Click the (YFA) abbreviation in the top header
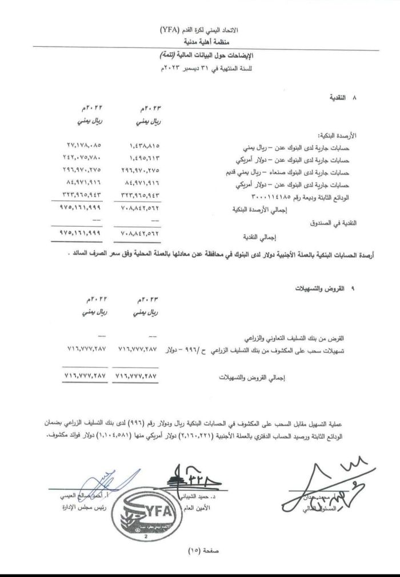[170, 30]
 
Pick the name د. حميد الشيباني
[183, 498]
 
